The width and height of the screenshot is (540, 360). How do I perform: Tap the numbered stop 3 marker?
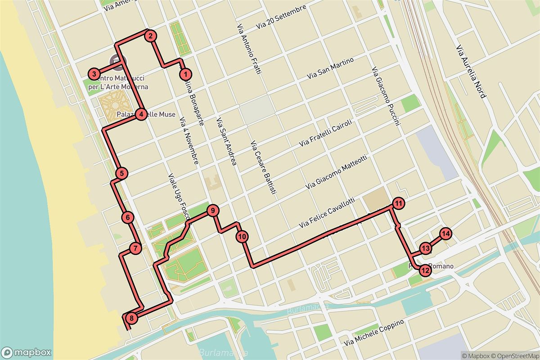(94, 74)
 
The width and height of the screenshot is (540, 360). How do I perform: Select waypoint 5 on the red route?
(121, 173)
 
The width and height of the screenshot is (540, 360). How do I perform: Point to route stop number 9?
(213, 210)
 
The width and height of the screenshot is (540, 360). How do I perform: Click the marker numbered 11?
(398, 203)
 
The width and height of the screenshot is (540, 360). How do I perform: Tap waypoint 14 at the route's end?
(445, 234)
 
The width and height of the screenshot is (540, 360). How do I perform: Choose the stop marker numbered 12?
(425, 270)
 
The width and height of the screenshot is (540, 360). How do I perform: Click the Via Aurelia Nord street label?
(471, 72)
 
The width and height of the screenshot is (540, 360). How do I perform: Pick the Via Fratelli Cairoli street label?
(327, 133)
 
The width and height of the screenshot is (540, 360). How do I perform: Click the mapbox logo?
(26, 352)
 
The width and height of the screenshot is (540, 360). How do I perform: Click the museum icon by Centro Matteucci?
(117, 60)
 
